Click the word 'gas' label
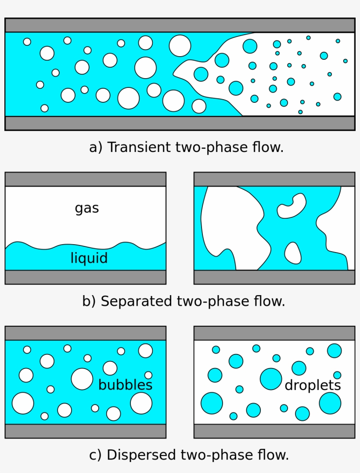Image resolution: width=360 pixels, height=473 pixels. (87, 208)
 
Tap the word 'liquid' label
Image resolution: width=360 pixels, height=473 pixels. (89, 258)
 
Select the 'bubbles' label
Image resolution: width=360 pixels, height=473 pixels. (125, 385)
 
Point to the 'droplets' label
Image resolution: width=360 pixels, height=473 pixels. (313, 385)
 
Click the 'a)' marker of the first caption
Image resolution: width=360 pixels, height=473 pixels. (96, 147)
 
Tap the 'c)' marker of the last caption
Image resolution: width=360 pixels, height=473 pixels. (96, 455)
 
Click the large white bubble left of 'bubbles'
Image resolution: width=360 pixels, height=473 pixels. (82, 379)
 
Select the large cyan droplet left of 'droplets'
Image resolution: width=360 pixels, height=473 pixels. (271, 379)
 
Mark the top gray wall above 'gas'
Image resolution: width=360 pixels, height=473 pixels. (85, 179)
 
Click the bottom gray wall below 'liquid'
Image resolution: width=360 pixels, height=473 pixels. (85, 277)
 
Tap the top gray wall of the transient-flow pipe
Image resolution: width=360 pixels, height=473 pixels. (180, 25)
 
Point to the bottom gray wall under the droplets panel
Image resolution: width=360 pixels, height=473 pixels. (274, 431)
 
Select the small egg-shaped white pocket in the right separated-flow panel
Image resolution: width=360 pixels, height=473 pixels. (293, 253)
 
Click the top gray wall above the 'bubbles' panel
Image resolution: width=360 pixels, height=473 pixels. (85, 333)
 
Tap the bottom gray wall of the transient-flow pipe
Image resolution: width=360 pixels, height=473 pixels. (180, 123)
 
